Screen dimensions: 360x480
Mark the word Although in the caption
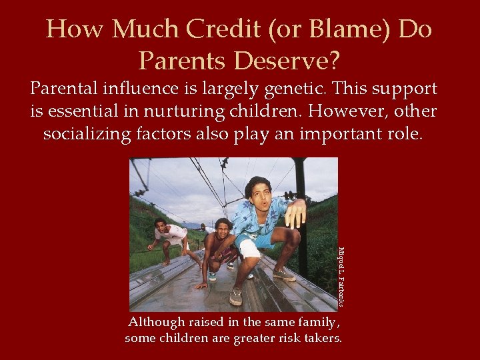[x=157, y=323]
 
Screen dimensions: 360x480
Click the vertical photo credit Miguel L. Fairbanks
[x=341, y=277]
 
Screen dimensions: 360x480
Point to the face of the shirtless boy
[x=223, y=231]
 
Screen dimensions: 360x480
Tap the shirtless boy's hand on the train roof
[x=201, y=285]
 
